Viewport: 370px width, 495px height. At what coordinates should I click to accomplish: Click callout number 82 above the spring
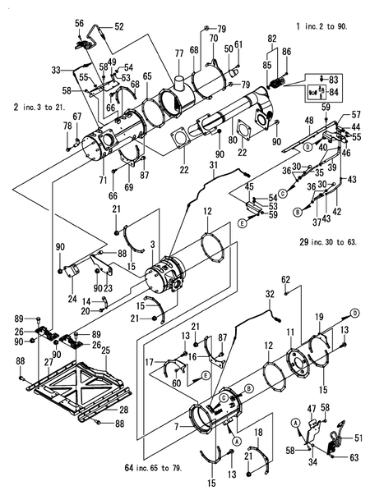coord(272,39)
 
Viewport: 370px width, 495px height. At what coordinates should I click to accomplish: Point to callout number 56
coord(79,24)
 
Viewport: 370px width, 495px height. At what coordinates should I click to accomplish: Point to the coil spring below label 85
coord(278,81)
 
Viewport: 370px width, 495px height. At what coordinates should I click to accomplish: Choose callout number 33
coord(69,68)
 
